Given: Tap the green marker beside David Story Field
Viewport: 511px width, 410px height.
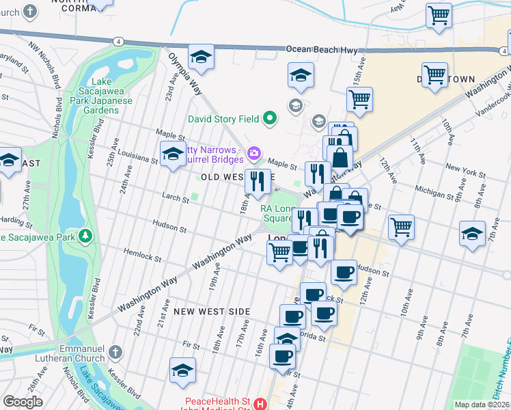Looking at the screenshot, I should pos(269,119).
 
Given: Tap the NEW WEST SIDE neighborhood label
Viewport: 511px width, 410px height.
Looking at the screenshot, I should pos(211,311).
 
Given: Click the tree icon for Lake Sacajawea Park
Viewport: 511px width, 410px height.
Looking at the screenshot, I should pos(85,236).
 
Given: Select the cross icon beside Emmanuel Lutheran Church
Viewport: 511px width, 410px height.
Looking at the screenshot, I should pos(115,353).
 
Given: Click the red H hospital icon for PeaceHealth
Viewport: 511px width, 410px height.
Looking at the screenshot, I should pos(260,404).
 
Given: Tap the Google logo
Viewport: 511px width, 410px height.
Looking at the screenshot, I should pos(23,402).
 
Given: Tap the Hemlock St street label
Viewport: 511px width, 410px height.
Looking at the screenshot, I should pos(144,255).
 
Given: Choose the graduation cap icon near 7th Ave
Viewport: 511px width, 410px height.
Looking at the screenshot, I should pos(473,233).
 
